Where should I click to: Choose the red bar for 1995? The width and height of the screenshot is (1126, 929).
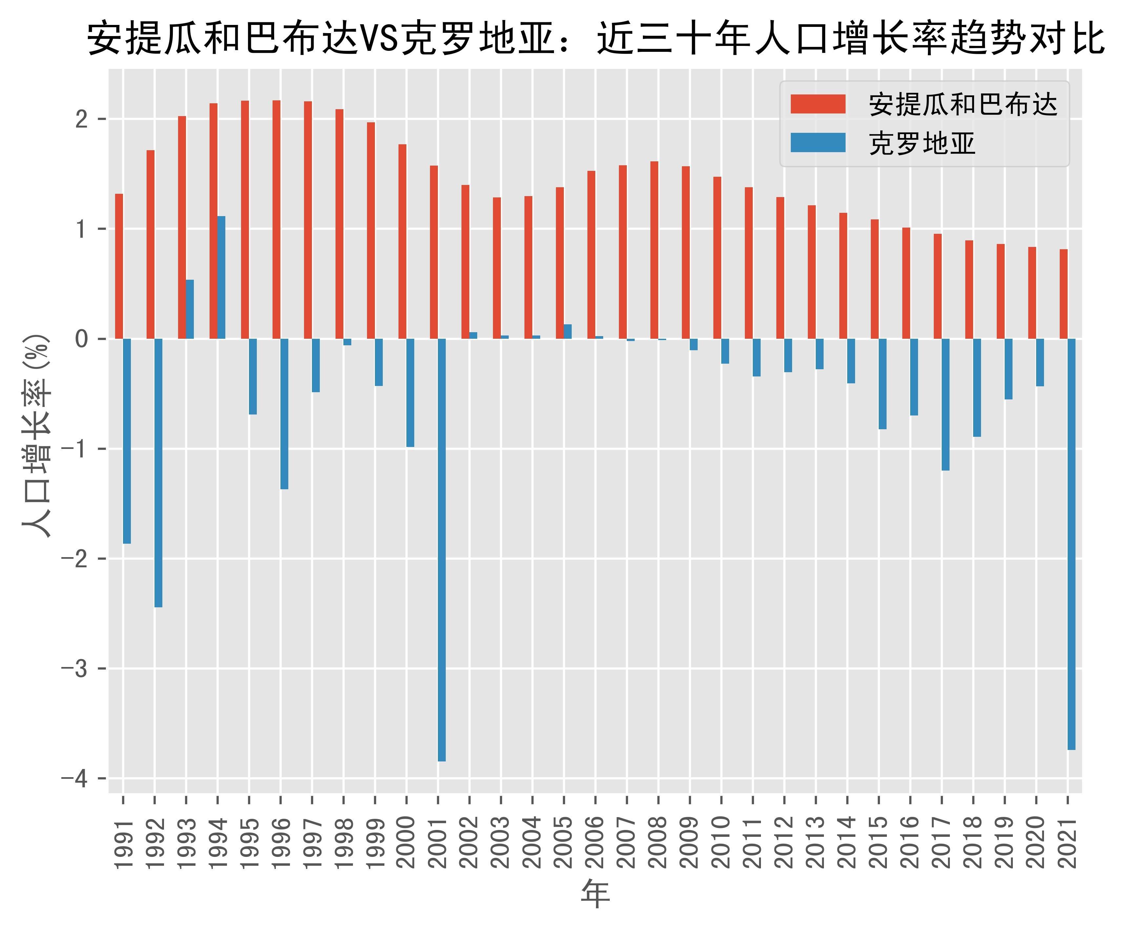click(245, 219)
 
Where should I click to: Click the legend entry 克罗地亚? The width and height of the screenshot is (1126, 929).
click(922, 143)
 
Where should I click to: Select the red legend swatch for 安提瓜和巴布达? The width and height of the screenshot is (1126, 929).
click(818, 104)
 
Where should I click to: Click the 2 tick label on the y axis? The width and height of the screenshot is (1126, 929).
click(81, 119)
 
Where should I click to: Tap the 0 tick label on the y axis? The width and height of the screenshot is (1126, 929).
click(81, 339)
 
